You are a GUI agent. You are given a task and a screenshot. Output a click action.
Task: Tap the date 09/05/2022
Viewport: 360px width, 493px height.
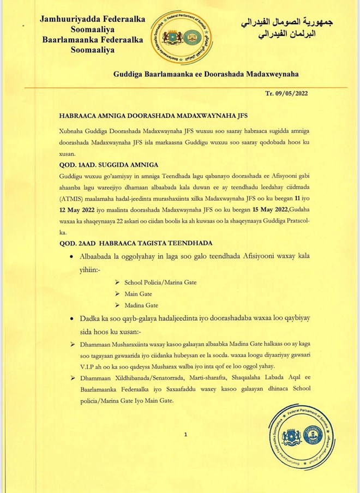(x=294, y=93)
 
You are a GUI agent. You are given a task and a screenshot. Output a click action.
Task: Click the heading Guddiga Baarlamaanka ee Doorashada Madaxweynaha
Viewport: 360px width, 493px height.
(x=206, y=74)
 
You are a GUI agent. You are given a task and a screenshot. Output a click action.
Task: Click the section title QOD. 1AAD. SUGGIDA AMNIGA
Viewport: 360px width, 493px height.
(x=109, y=164)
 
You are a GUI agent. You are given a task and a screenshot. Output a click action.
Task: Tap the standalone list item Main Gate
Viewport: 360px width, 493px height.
(x=138, y=293)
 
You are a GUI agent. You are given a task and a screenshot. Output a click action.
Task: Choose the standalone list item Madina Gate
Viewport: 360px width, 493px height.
(x=141, y=305)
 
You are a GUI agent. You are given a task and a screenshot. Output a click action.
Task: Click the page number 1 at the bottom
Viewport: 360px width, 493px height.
(x=186, y=435)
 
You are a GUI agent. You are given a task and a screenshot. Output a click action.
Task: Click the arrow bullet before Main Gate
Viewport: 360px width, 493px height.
(x=117, y=293)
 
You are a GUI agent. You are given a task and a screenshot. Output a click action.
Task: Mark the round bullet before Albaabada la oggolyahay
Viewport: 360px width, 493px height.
(x=73, y=256)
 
